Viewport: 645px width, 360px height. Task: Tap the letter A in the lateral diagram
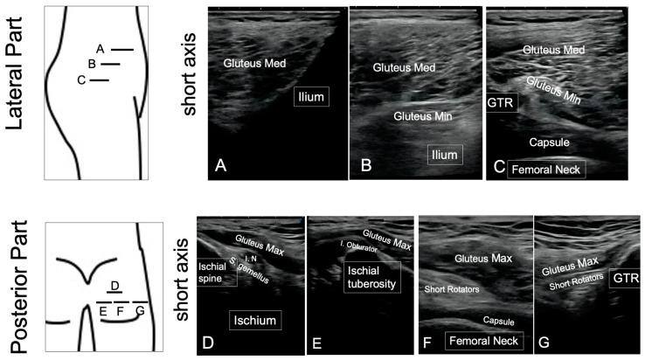[101, 49]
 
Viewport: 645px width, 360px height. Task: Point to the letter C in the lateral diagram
[80, 80]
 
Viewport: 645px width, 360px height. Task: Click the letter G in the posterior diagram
[139, 311]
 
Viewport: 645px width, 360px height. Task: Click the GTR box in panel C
[502, 104]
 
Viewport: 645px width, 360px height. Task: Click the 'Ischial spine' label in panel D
[216, 271]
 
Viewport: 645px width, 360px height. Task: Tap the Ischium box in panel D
[254, 321]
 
